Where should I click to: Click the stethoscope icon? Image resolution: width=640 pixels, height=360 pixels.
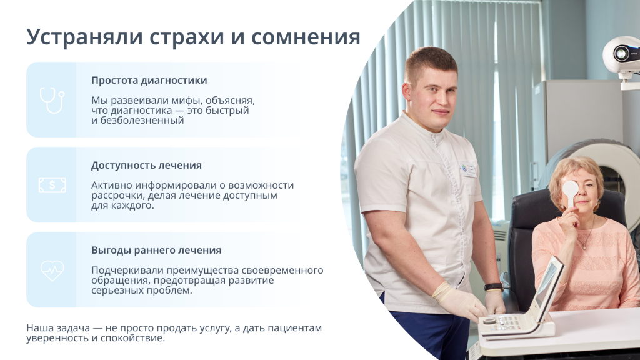[52, 101]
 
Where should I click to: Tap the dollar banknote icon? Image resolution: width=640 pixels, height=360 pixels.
[52, 185]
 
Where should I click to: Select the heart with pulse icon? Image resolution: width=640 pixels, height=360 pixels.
[52, 270]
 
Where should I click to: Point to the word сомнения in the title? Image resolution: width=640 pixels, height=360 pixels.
[306, 37]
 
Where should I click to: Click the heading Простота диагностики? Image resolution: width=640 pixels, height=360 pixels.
[149, 80]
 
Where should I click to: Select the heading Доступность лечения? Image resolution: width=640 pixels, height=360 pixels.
[146, 165]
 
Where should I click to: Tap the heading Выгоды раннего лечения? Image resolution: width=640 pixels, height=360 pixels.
[156, 250]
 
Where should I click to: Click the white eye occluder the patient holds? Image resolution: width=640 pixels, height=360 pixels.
[570, 192]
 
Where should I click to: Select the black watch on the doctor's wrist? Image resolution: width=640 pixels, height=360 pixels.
[494, 287]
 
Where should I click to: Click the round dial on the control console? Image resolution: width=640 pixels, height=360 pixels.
[489, 321]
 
